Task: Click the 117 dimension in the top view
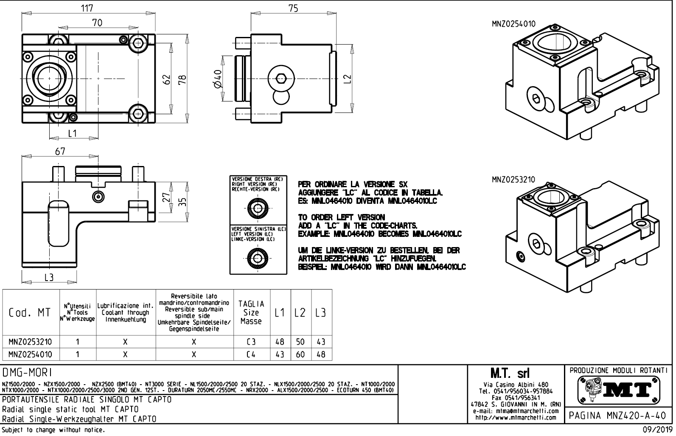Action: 87,8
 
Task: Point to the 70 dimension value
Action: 97,23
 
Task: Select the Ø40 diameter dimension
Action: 218,79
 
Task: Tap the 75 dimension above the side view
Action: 293,8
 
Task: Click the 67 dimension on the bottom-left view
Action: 60,152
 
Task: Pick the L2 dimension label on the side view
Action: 348,79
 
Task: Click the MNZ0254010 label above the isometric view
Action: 513,24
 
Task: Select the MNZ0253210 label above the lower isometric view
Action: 513,180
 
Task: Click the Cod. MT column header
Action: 30,313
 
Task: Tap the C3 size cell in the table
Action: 251,342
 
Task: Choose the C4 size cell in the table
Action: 251,354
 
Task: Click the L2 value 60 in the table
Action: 300,354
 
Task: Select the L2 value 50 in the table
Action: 300,342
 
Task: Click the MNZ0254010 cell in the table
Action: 30,354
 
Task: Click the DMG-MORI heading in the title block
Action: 27,373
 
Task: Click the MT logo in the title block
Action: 618,390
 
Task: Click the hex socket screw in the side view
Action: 280,79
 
